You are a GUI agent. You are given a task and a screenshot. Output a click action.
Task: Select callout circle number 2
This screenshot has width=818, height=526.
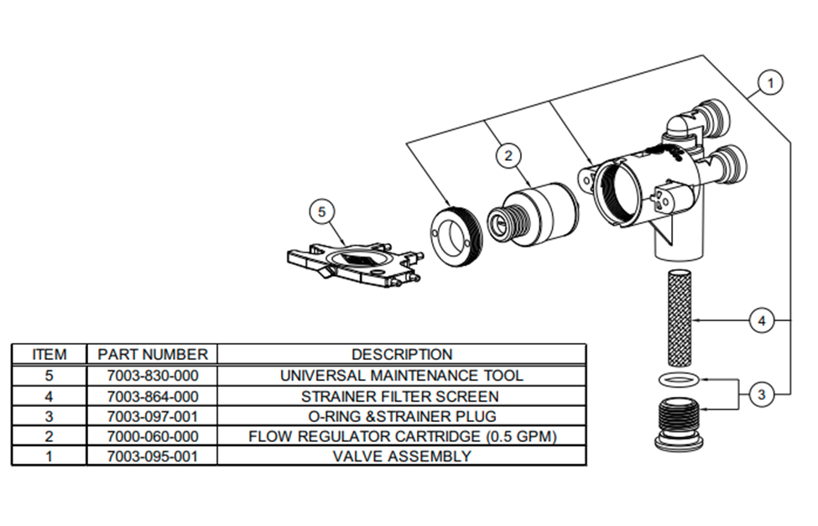(x=508, y=154)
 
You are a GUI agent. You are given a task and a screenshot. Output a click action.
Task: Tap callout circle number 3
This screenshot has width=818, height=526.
(x=761, y=393)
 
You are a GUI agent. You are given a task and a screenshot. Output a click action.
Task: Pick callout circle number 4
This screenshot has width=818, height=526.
(x=761, y=320)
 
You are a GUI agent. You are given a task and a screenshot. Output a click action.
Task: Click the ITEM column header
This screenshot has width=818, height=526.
(x=49, y=354)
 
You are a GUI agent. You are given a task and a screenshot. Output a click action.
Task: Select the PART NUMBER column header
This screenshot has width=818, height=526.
(x=152, y=354)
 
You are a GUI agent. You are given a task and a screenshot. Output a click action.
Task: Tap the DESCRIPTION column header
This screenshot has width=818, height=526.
(x=401, y=354)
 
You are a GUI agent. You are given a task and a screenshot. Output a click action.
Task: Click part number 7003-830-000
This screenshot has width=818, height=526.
(x=152, y=375)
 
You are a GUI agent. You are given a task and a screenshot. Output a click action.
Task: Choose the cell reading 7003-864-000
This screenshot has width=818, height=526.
(x=152, y=396)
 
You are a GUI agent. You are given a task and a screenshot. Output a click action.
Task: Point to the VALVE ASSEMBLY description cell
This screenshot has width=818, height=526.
(x=401, y=456)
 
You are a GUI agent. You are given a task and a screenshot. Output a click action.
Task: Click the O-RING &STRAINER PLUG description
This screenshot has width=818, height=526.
(x=401, y=416)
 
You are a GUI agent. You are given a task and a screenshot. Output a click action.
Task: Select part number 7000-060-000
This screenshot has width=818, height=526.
(x=152, y=436)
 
